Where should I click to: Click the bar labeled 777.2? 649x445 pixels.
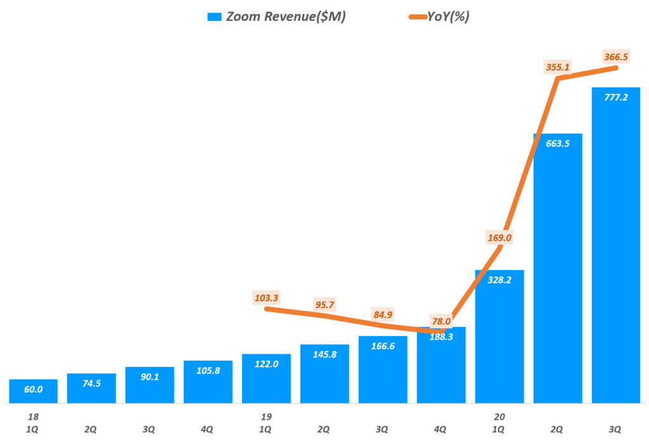click(x=616, y=254)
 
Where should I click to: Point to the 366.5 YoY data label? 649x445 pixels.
click(x=616, y=57)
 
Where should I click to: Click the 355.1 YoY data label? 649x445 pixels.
click(x=558, y=66)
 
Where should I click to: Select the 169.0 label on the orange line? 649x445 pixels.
click(x=499, y=238)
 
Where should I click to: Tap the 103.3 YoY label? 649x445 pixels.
click(x=266, y=297)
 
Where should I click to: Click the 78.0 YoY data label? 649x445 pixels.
click(x=441, y=321)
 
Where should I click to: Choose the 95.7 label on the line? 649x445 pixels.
click(x=324, y=304)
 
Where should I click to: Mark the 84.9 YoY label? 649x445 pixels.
click(x=383, y=314)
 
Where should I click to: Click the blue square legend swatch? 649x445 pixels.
click(x=214, y=17)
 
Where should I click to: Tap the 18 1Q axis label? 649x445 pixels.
click(x=33, y=423)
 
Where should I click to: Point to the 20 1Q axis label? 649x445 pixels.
click(x=499, y=423)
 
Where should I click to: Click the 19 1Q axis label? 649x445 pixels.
click(x=266, y=423)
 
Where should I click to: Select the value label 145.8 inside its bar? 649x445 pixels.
click(x=324, y=354)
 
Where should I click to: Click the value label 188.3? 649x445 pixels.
click(x=441, y=337)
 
